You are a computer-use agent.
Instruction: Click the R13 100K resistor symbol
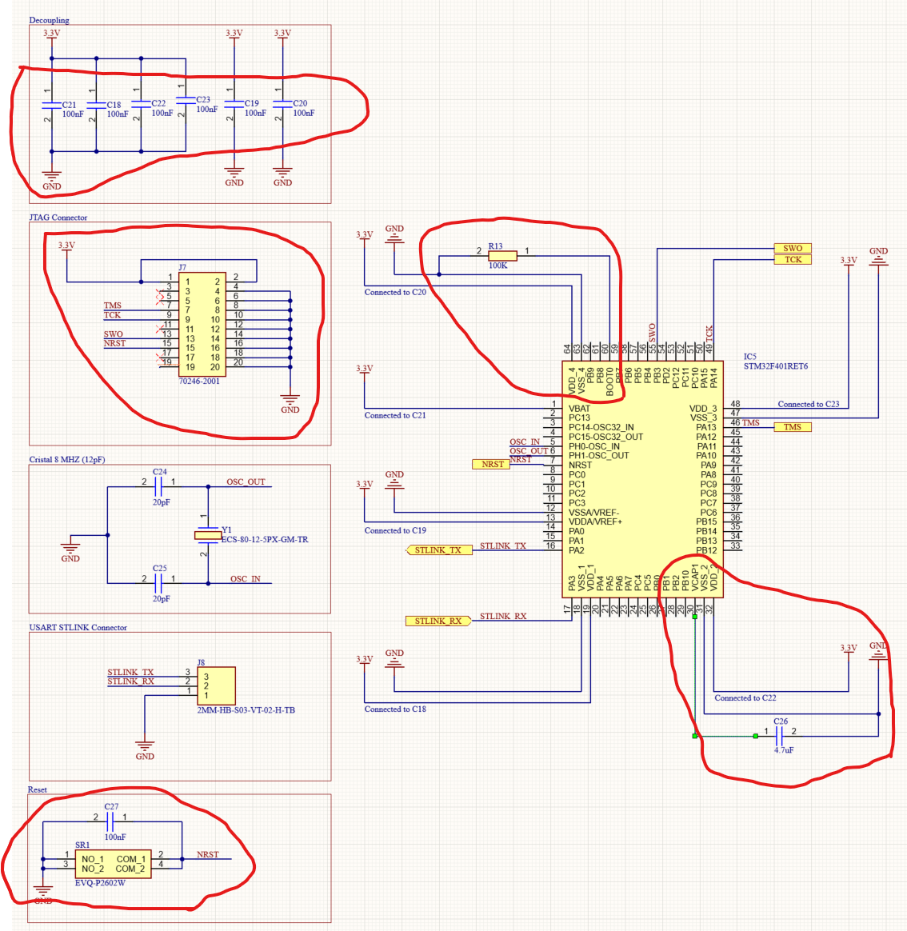tap(502, 256)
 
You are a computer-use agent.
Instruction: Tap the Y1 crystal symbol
tap(208, 535)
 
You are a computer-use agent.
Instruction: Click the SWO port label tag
tap(792, 248)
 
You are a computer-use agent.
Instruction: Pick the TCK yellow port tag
tap(792, 259)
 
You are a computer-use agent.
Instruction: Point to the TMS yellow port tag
tap(792, 427)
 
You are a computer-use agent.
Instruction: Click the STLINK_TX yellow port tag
tap(438, 550)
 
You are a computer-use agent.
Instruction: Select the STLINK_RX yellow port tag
tap(438, 621)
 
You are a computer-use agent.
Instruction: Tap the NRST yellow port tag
tap(492, 464)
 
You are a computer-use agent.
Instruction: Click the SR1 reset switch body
tap(112, 864)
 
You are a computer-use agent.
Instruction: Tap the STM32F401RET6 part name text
tap(775, 367)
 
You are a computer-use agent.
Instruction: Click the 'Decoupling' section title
tap(49, 20)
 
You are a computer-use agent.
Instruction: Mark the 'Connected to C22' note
tap(745, 698)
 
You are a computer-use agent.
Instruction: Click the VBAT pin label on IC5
tap(579, 409)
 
